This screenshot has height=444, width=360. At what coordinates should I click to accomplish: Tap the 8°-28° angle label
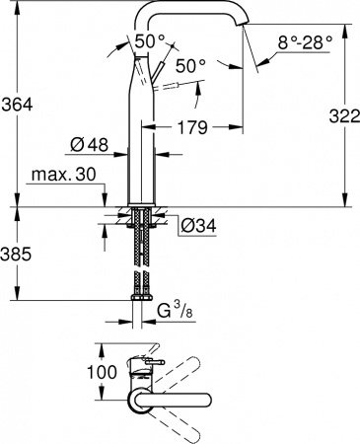point(307,44)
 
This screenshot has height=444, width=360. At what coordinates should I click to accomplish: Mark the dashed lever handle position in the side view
point(172,86)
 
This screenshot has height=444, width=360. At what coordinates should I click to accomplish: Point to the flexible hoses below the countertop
point(140,252)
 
